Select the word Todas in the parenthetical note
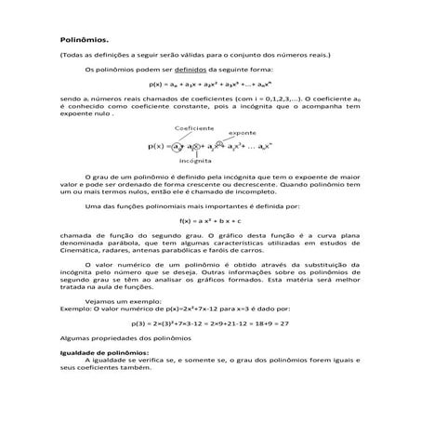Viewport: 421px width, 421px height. click(79, 54)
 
